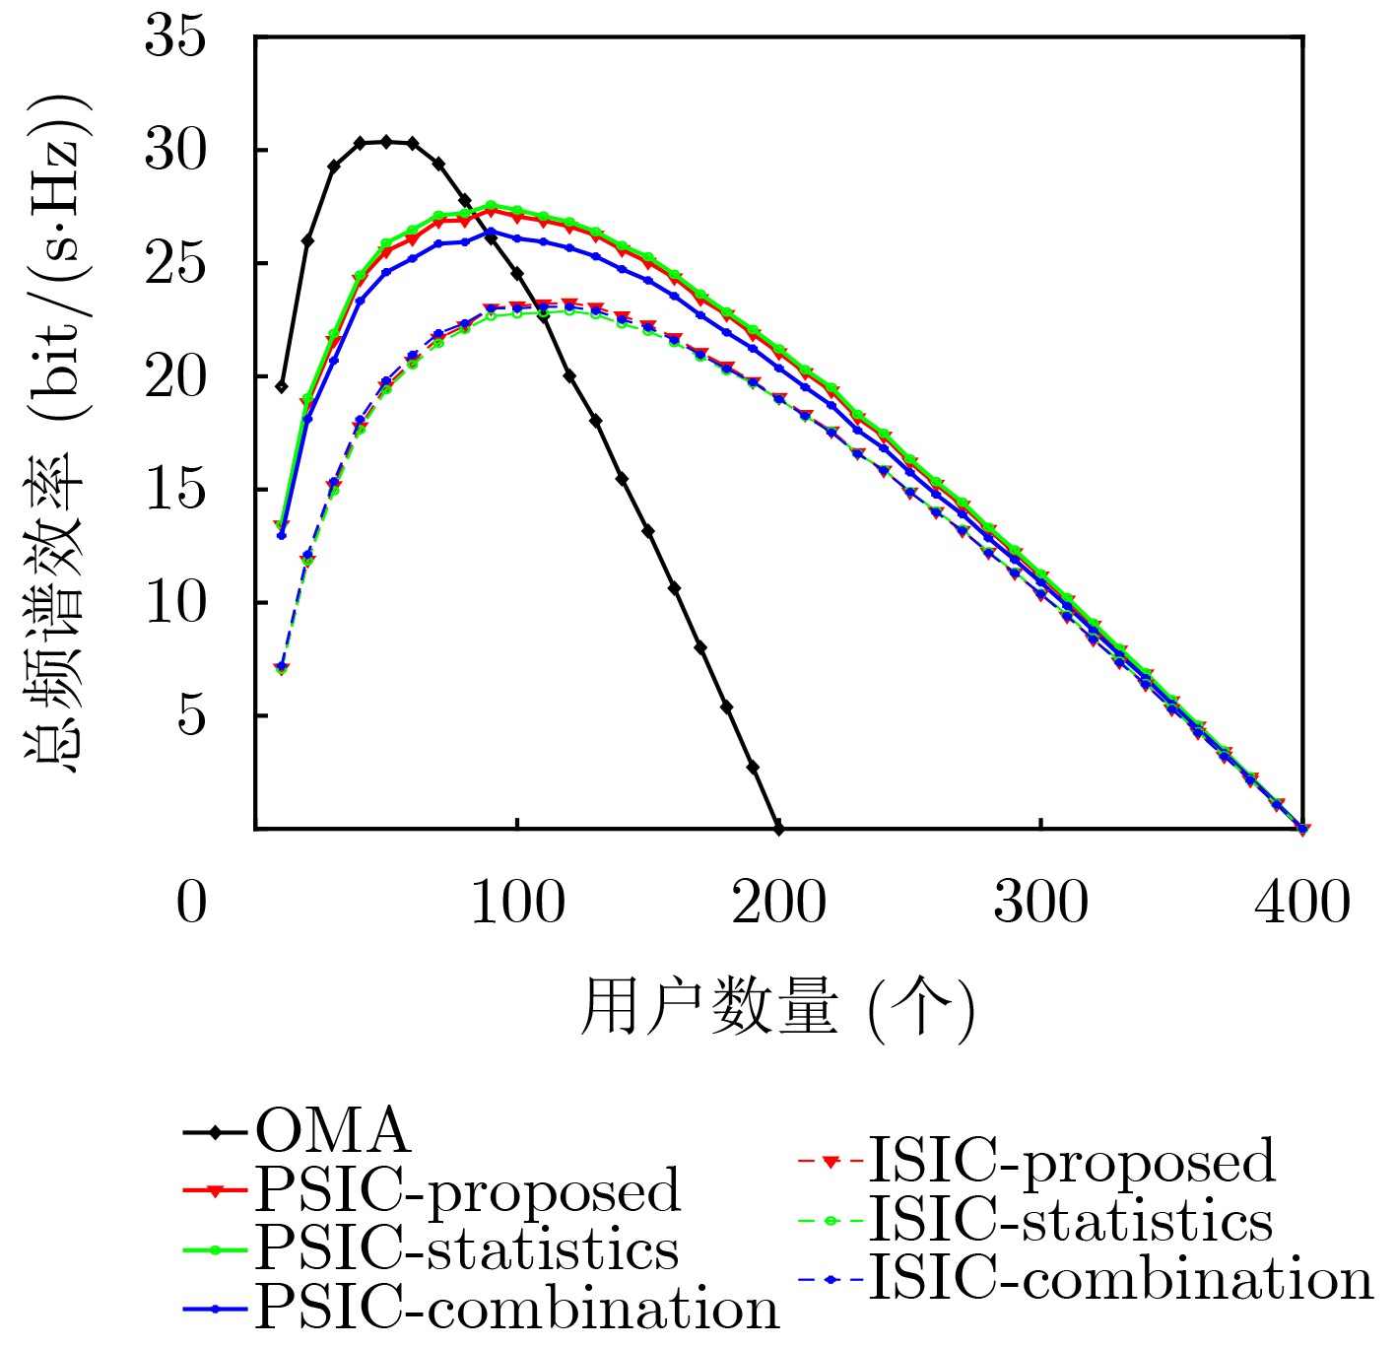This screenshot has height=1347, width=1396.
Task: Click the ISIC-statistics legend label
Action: [1070, 1221]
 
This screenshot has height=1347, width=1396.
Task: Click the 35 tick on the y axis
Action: [175, 37]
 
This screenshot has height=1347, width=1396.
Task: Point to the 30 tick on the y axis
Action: [175, 151]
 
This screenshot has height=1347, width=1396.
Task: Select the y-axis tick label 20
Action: [175, 376]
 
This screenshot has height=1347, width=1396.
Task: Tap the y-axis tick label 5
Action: [191, 715]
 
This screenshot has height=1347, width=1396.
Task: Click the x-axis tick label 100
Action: [518, 902]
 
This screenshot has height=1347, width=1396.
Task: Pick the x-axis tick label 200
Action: [779, 902]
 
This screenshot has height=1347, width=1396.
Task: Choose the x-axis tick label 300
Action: [1041, 902]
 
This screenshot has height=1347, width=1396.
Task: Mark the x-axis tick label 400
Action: [1302, 902]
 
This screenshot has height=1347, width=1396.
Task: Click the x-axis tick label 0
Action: [192, 902]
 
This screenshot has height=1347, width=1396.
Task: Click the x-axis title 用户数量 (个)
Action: [777, 1007]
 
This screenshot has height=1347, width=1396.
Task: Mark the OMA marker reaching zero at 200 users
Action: [779, 829]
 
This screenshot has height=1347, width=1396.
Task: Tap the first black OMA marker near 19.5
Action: [282, 386]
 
